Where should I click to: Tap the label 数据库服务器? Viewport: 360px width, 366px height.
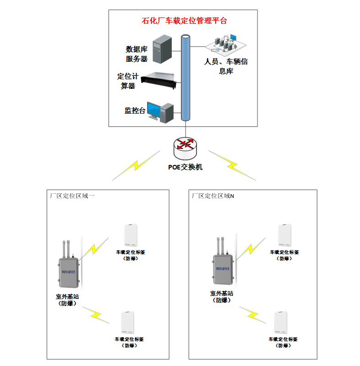pos(136,54)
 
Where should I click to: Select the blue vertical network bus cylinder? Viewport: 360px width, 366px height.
pos(185,78)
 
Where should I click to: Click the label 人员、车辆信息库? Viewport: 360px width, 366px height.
pos(225,66)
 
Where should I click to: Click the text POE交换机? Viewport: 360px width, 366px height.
pos(185,167)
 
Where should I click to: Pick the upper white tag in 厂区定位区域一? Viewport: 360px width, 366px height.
pos(131,235)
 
